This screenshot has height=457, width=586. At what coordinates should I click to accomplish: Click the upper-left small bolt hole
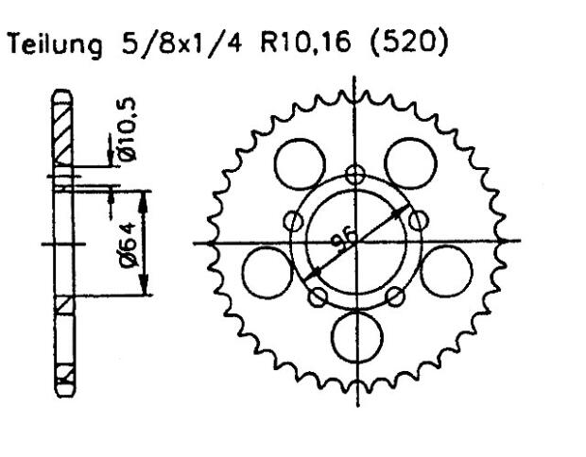point(294,220)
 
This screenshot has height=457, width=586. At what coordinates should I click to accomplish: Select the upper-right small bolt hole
point(416,220)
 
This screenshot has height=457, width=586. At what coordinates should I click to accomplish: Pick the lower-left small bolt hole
point(319,296)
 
